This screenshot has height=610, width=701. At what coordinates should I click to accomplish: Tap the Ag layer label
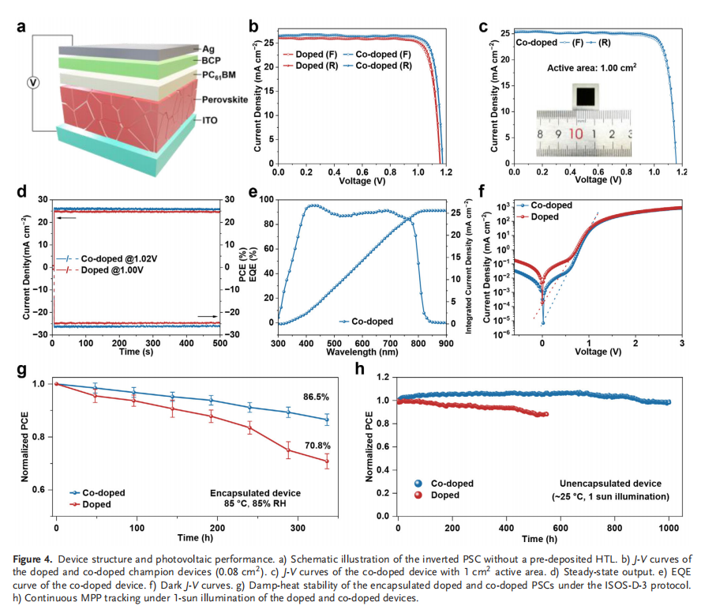209,48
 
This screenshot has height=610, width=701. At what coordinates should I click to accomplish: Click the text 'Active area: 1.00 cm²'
592,68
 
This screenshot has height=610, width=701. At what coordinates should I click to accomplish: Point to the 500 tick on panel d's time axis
219,343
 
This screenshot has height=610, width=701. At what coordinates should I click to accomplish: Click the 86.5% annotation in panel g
319,396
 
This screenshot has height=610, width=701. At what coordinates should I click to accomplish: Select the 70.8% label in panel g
319,446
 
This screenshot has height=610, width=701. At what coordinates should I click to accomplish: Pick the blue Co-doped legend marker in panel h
418,483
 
